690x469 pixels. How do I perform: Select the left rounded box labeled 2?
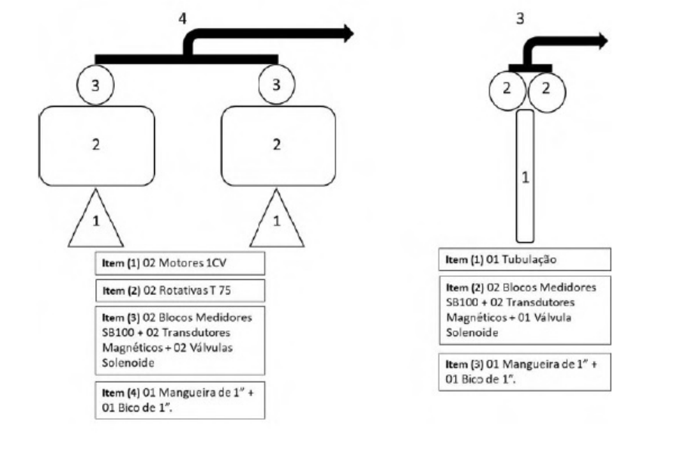97,146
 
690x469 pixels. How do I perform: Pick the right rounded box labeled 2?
278,146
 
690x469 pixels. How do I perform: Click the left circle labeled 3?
95,85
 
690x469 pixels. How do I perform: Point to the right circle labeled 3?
277,84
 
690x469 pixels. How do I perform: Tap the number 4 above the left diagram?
182,18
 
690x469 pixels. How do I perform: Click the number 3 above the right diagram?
520,18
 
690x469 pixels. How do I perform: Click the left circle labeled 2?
507,90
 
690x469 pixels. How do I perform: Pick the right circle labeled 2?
546,90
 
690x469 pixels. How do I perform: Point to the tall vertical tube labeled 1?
525,176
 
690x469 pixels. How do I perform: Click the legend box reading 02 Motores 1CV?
180,263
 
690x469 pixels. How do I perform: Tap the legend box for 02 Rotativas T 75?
180,290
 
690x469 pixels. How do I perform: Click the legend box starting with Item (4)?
180,400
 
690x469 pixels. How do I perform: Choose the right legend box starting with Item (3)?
524,372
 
